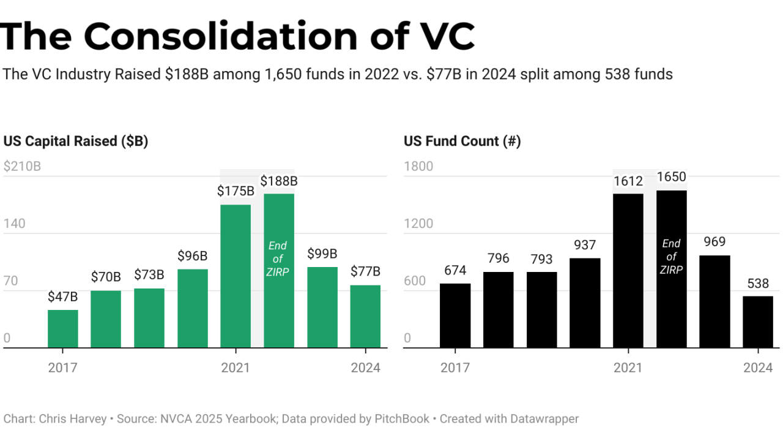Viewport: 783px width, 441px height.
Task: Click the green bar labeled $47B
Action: pos(63,329)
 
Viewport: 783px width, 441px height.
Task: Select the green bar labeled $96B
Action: pos(193,309)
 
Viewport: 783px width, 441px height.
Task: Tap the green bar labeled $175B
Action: pos(236,276)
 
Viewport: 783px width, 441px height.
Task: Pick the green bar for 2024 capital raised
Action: pos(365,317)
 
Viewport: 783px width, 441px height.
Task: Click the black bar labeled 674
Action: pos(455,315)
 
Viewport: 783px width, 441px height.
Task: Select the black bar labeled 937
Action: pos(585,303)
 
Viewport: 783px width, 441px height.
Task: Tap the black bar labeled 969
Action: pos(714,301)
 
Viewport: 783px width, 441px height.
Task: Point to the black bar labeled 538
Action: pos(758,322)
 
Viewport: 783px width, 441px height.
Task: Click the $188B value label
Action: pos(279,181)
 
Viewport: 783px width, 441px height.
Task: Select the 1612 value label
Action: pos(628,181)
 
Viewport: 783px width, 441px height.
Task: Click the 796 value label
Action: pos(499,258)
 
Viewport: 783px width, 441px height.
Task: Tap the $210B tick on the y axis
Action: pos(22,167)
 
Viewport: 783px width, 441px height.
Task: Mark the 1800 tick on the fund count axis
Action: pos(418,167)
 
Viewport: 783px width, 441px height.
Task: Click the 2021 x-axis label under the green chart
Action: pos(236,367)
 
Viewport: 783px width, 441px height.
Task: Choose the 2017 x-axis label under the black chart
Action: pos(455,367)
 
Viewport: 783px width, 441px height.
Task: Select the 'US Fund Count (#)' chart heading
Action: pos(462,141)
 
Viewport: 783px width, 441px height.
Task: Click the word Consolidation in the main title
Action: pos(221,36)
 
